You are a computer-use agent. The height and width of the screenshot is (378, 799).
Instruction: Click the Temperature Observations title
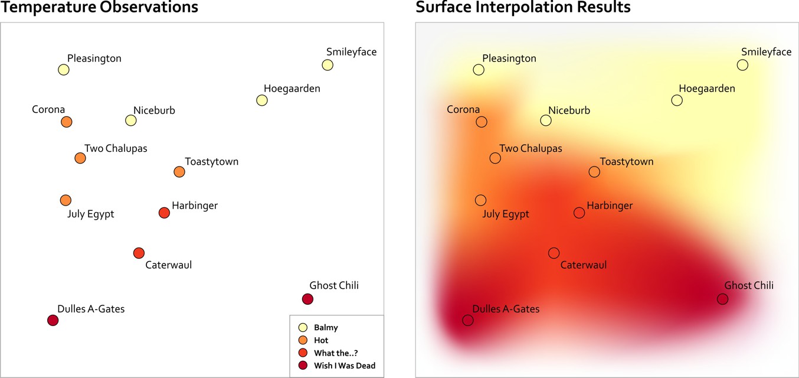coord(99,8)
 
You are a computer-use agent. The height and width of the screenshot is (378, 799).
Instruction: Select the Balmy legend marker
coord(303,327)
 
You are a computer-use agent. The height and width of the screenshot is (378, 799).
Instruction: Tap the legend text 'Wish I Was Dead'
coord(345,366)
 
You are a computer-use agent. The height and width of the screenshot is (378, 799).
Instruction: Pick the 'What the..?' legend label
coord(336,353)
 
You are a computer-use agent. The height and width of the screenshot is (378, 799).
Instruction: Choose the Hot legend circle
coord(303,340)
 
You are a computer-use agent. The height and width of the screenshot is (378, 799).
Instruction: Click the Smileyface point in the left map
coord(328,65)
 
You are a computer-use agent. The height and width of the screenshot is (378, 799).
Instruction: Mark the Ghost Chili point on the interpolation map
coord(722,299)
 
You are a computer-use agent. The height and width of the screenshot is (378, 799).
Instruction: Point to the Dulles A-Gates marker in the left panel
coord(53,320)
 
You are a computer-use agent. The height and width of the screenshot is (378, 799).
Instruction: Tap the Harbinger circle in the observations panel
coord(164,213)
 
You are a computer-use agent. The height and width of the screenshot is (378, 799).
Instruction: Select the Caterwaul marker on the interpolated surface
coord(554,253)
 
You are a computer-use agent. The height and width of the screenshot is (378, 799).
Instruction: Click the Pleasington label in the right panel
coord(509,58)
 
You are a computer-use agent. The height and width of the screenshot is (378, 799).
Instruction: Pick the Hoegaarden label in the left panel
coord(292,89)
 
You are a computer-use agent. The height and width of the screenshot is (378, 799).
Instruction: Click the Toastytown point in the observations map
coord(179,172)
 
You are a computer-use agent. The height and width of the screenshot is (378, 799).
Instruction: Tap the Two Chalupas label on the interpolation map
coord(531,148)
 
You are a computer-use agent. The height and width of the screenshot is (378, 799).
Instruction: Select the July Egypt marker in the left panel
coord(66,200)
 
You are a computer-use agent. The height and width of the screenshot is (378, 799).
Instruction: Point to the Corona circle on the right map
coord(482,122)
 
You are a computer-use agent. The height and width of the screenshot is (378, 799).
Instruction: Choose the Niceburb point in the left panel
coord(131,120)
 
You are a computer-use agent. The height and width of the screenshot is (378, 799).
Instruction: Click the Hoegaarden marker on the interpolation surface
coord(677,100)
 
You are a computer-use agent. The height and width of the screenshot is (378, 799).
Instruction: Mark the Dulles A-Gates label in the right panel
coord(506,308)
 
